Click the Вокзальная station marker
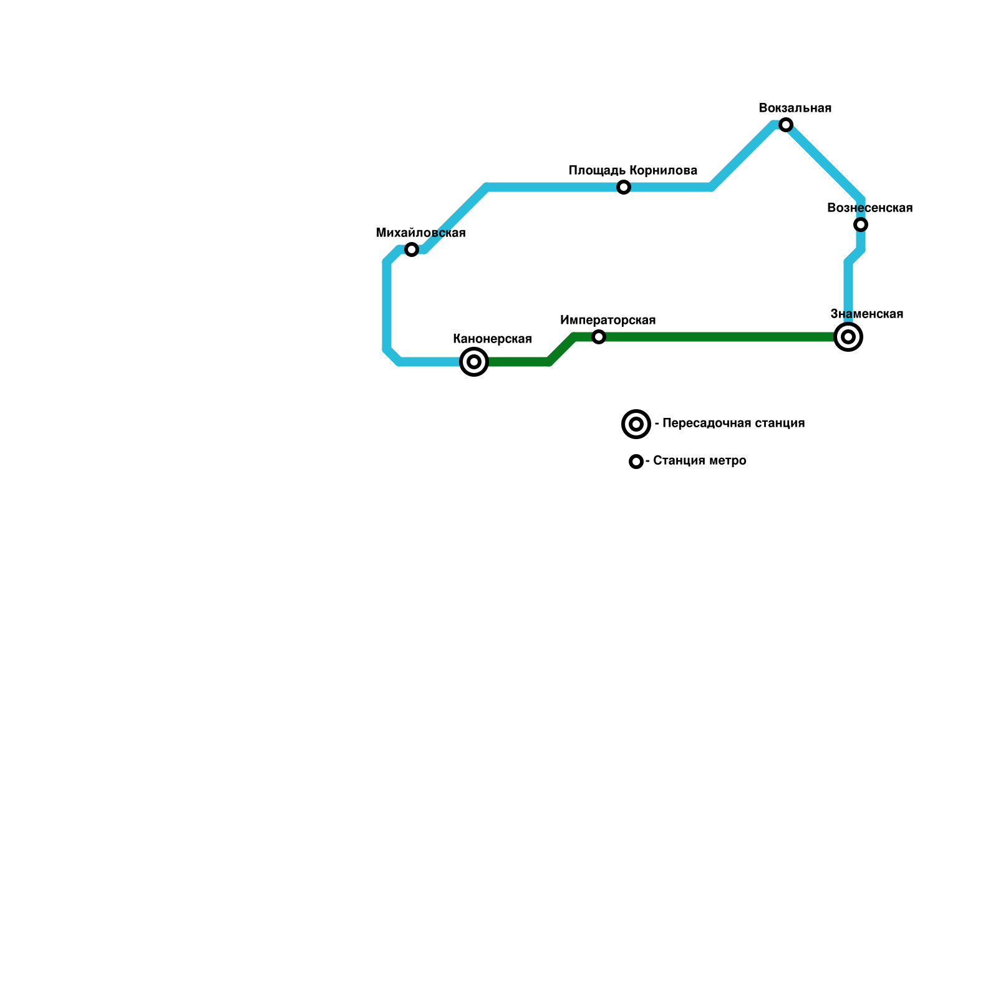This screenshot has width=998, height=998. pos(786,125)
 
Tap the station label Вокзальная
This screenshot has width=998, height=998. pos(795,109)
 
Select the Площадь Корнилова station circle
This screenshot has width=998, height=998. pos(624,187)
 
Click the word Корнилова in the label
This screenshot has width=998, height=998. pos(663,171)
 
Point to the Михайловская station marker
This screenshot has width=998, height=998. pos(412,249)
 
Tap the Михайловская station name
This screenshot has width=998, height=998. pos(421,233)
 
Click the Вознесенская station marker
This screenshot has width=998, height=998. pos(861,225)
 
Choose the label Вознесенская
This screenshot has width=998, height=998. pos(870,208)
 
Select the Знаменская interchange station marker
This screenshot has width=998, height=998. pos(848,337)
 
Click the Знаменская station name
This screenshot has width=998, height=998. pos(867,314)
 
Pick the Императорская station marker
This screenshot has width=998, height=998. pos(599,337)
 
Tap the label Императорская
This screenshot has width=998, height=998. pos(608,321)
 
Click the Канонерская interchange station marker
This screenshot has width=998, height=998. pos(474,362)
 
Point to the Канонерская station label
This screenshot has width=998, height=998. pos(492,339)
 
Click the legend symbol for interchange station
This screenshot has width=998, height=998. pos(636,424)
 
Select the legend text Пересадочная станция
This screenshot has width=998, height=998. pos(734,424)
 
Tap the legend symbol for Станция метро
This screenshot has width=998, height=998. pos(636,462)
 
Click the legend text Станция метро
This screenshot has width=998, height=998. pos(699,461)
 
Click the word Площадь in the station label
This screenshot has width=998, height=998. pos(597,171)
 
